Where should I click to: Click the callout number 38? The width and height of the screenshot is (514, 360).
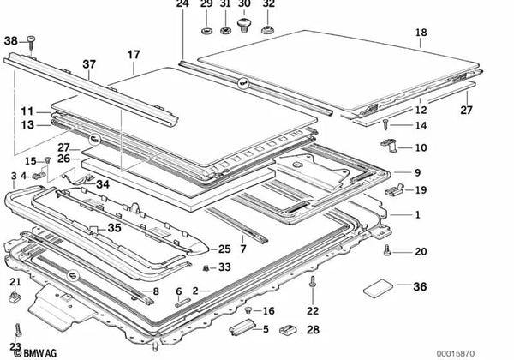pos(10,41)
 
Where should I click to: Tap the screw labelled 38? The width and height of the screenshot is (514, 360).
pos(31,44)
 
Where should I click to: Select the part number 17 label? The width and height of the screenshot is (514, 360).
pos(134,54)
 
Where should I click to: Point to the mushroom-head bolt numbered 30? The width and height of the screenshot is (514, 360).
pos(243,25)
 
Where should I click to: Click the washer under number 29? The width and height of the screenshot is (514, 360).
pos(206,31)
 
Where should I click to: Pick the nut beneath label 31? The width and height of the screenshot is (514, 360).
pos(224,31)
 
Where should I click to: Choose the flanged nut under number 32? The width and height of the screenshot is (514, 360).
pos(268,30)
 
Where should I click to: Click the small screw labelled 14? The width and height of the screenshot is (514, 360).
pos(385,124)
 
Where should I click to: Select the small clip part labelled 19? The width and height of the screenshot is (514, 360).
pos(395,190)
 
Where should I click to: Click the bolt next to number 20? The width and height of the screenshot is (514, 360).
pos(387,250)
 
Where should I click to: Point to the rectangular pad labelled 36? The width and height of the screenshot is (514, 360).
pos(379,288)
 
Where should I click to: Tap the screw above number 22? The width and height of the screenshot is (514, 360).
pos(312,283)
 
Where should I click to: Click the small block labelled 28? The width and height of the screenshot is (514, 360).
pos(288,329)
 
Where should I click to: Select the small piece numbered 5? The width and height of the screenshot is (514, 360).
pos(242,327)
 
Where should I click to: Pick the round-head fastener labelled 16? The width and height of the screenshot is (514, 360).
pos(248,309)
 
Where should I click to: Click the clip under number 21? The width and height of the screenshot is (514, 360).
pos(15,297)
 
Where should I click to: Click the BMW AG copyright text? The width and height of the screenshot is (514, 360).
pos(35,353)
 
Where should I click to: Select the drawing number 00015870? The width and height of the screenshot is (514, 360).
pos(456,354)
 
